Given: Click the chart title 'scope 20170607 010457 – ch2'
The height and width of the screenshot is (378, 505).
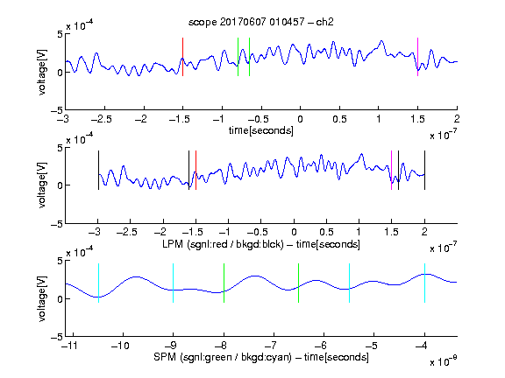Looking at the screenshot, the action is pos(261,22).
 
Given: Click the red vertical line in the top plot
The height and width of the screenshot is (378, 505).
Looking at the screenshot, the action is pos(182,57).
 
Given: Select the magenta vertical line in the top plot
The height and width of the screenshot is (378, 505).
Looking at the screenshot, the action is pos(417,57).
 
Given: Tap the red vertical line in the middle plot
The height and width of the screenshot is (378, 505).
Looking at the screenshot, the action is pos(196,171).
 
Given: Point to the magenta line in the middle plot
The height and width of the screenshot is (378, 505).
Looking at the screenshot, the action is pos(391,171).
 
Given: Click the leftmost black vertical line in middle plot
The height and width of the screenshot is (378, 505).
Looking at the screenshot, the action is pos(98,171).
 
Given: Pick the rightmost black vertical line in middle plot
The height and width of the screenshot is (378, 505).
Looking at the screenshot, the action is pos(424,171).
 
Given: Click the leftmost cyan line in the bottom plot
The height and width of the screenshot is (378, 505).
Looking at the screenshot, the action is pos(98,283).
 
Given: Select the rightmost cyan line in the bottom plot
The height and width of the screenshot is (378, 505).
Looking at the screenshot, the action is pos(424,283).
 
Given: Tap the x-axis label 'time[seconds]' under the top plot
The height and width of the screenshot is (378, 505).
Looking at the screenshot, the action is pos(261,131).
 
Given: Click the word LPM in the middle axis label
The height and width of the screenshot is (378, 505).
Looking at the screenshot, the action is pos(173,244).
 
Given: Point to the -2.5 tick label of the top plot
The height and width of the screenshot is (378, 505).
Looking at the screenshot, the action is pos(101,119).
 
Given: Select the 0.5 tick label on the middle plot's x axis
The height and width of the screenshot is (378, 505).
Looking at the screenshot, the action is pos(326,232).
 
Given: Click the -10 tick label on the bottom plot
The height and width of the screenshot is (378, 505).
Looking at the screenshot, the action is pos(120,346).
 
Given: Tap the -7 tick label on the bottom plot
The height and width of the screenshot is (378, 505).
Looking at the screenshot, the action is pos(273,346).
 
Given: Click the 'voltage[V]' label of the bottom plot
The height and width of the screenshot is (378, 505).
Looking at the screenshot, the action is pos(42,298).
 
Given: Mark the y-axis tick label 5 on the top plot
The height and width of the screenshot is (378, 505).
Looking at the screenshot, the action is pos(60,34).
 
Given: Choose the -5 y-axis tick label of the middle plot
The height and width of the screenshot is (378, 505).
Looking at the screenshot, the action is pos(57,224).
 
